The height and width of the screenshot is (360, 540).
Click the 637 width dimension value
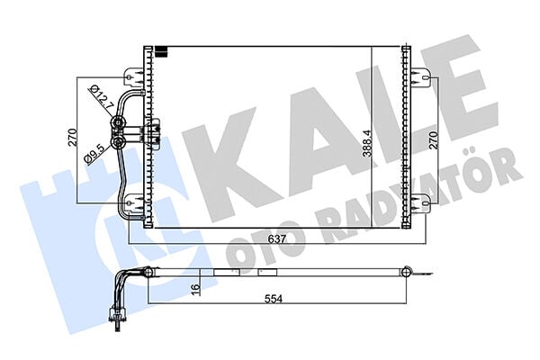click(x=276, y=238)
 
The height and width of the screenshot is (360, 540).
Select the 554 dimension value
click(x=274, y=298)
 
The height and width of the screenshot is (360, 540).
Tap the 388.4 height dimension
click(x=367, y=143)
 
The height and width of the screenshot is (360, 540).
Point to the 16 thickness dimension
click(x=196, y=286)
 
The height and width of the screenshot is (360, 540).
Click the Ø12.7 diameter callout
click(x=101, y=97)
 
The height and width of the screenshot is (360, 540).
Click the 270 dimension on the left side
click(x=74, y=138)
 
